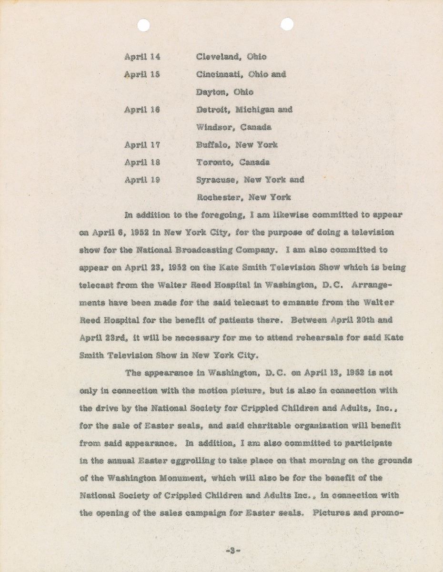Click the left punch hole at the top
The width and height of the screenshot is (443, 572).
coord(144,25)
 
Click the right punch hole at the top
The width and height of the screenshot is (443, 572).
coord(287,24)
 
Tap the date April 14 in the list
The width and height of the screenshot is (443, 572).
coord(142,57)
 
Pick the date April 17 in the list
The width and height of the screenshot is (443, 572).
coord(142,145)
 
